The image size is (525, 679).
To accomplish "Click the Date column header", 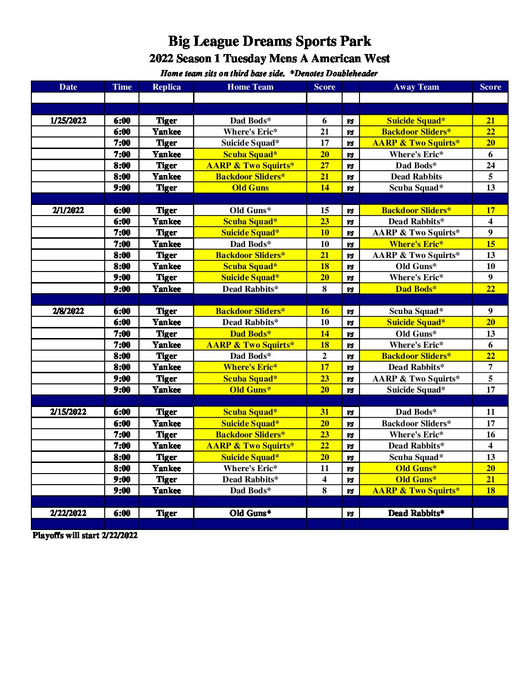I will click(x=68, y=87).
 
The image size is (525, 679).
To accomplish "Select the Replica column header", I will click(x=166, y=87).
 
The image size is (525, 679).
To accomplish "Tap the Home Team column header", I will click(x=250, y=87).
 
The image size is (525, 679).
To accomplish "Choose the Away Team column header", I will click(x=416, y=87).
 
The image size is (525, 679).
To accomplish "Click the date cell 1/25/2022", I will click(x=68, y=121).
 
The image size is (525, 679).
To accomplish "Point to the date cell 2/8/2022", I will click(x=68, y=311).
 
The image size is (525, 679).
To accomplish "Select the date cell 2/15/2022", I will click(x=68, y=412).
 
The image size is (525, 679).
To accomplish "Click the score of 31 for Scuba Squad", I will click(x=324, y=412).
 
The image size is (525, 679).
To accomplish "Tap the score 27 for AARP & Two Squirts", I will click(x=324, y=165).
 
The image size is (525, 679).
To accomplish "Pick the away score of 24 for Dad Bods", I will click(x=490, y=165).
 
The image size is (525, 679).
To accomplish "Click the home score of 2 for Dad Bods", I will click(x=324, y=356).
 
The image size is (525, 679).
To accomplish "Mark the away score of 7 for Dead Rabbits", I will click(x=490, y=367).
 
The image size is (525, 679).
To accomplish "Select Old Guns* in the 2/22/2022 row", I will click(x=250, y=513).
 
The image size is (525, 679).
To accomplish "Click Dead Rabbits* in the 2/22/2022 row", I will click(x=416, y=513).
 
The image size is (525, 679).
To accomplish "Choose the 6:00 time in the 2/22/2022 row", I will click(x=122, y=513).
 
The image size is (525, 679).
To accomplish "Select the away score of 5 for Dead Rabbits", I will click(x=490, y=177).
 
